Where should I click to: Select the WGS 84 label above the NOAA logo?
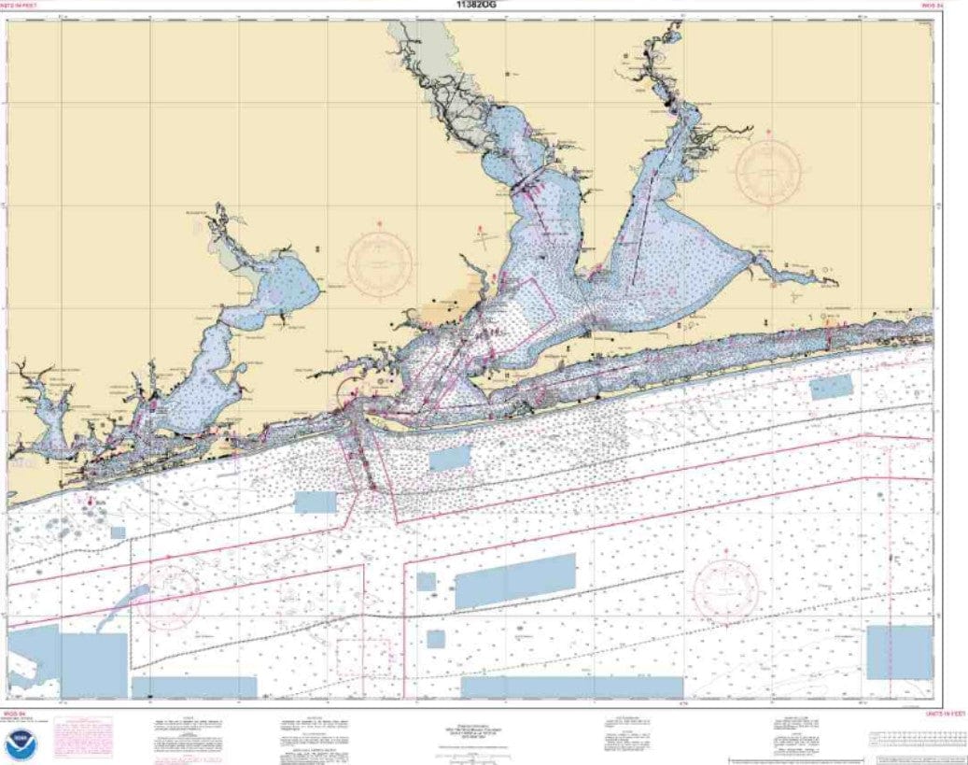[14, 713]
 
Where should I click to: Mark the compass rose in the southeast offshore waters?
[724, 588]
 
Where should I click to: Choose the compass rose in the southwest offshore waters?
[168, 596]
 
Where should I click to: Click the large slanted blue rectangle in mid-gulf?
[514, 580]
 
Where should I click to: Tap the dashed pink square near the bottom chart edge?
[363, 658]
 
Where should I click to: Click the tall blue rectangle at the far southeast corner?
[899, 652]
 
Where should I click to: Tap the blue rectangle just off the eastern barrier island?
[831, 386]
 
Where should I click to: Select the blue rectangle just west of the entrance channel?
[315, 502]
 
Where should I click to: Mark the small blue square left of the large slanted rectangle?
[426, 582]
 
